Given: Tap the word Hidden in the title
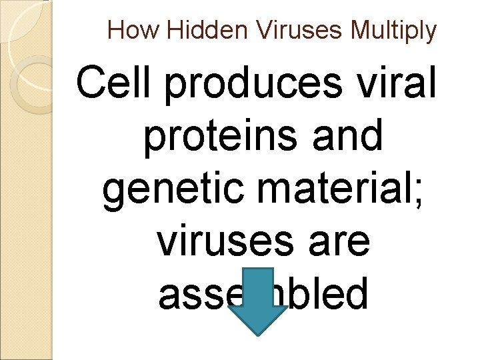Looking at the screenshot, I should click(x=191, y=30).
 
